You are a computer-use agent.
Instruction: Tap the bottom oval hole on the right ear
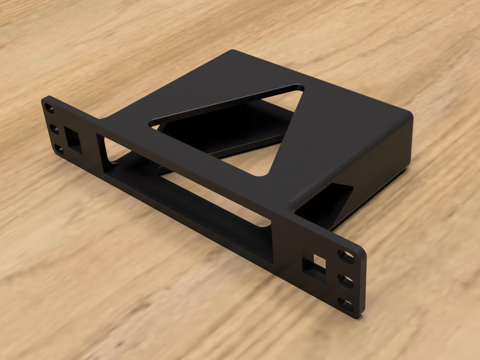[345, 304]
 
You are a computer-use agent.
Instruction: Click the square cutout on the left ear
[73, 139]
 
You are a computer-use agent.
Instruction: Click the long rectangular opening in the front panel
[189, 198]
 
